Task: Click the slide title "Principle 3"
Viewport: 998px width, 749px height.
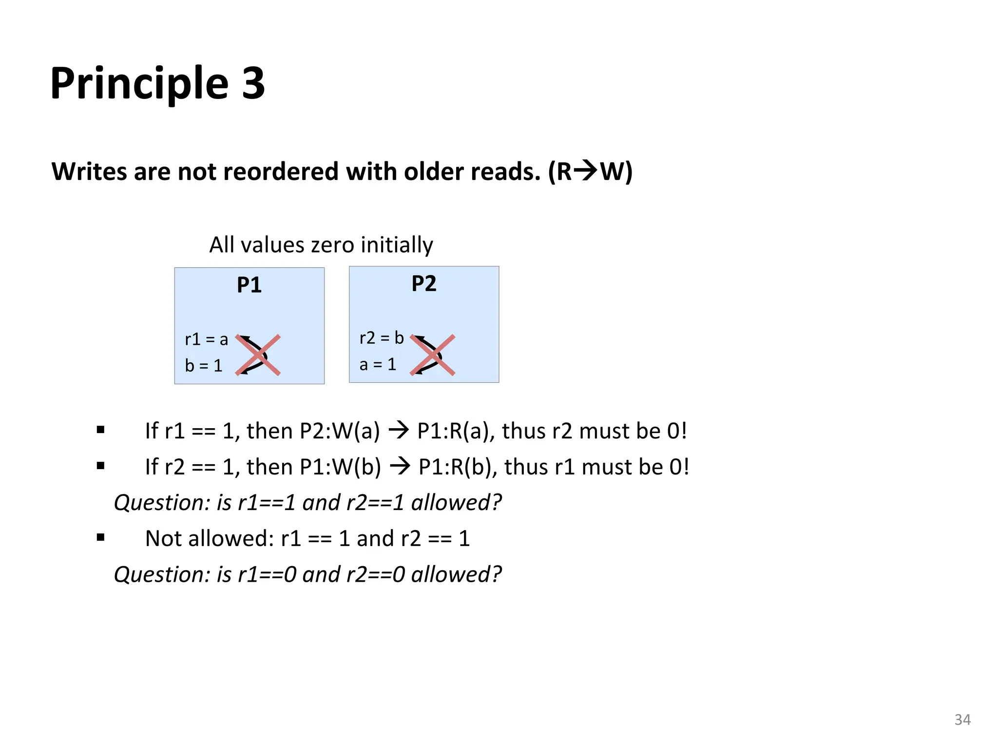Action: tap(157, 83)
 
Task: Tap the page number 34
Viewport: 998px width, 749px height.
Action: tap(962, 719)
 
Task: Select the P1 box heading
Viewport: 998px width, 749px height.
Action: tap(249, 285)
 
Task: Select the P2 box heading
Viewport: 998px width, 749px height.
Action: tap(423, 284)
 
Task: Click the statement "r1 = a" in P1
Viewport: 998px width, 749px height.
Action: tap(206, 339)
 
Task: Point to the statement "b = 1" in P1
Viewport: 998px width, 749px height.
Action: tap(203, 365)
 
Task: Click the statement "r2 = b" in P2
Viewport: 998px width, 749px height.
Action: tap(382, 338)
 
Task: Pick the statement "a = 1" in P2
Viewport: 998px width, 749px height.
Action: tap(378, 364)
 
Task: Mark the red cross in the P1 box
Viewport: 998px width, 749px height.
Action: tap(258, 355)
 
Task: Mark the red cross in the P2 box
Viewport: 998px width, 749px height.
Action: tap(432, 355)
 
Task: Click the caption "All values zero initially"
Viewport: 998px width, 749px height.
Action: tap(321, 245)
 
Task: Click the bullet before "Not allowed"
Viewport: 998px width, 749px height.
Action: tap(101, 538)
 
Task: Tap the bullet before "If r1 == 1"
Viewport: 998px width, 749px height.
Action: tap(101, 430)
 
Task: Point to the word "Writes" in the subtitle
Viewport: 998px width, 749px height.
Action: tap(89, 172)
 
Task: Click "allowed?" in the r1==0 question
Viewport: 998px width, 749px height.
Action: tap(456, 574)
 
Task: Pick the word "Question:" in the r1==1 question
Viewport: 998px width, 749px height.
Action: tap(162, 503)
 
